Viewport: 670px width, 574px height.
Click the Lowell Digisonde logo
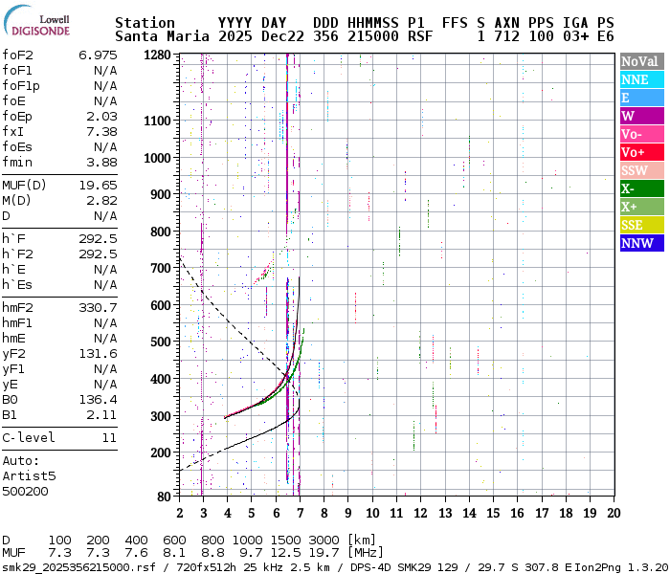pyautogui.click(x=41, y=24)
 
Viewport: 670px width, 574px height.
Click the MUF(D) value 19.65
pyautogui.click(x=98, y=185)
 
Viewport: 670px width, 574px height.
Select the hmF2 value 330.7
pyautogui.click(x=98, y=307)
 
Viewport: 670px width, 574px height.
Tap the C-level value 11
pyautogui.click(x=108, y=437)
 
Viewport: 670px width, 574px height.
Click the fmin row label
pyautogui.click(x=19, y=162)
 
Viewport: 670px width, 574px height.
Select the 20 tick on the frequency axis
pyautogui.click(x=612, y=513)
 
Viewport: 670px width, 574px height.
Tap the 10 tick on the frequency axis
pyautogui.click(x=372, y=513)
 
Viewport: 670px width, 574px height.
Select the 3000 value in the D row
pyautogui.click(x=324, y=540)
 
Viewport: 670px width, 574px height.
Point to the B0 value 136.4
pyautogui.click(x=98, y=399)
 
